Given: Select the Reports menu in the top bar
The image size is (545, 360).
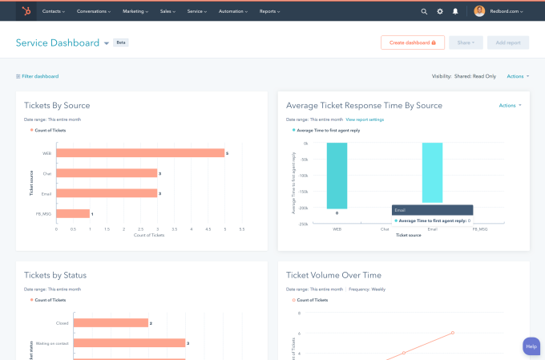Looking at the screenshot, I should point(270,11).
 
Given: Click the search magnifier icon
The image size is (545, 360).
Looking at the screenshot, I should point(424,11).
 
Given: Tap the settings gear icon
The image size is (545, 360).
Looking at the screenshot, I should point(440,11).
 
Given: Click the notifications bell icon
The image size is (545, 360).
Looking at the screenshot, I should point(455,11).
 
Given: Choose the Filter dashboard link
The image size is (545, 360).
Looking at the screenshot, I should point(37,76).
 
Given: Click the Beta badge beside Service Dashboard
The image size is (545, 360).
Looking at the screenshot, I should point(121,42).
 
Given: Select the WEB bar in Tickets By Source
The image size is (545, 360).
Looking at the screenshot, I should point(140,152).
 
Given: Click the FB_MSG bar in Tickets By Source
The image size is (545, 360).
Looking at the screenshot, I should point(73,213).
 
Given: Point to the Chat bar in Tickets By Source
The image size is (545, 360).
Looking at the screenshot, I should point(107,172).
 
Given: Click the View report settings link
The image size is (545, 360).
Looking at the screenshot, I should point(365,119).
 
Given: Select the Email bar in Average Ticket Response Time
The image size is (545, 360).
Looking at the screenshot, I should point(432,172).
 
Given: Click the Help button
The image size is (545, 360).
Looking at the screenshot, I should point(531,346).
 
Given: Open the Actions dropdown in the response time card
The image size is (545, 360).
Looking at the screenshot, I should point(510,105).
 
